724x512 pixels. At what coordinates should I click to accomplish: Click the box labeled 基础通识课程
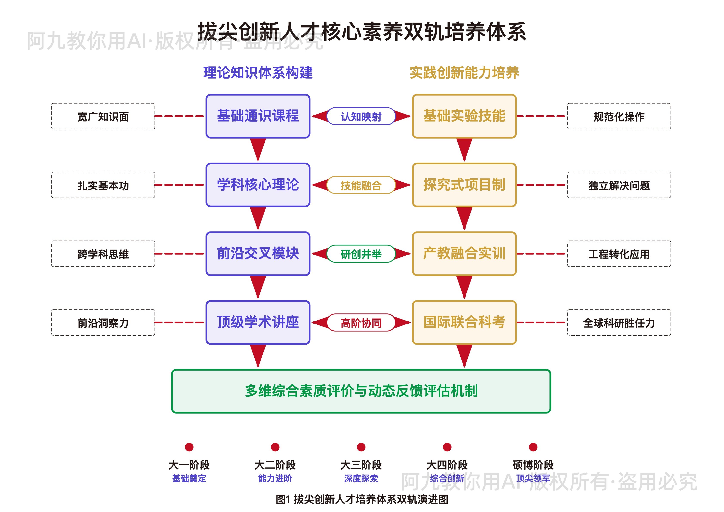(x=258, y=116)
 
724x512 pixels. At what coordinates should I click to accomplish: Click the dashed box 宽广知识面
(x=103, y=116)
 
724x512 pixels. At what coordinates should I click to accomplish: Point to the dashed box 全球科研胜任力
(x=619, y=322)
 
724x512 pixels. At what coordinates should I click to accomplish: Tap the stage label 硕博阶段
(x=533, y=465)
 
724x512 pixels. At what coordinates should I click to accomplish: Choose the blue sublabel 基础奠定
(x=189, y=478)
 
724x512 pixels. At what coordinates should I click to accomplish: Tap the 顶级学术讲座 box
(x=258, y=322)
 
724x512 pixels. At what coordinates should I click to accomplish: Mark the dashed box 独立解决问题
(x=619, y=185)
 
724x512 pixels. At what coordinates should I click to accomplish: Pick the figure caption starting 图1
(x=362, y=499)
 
